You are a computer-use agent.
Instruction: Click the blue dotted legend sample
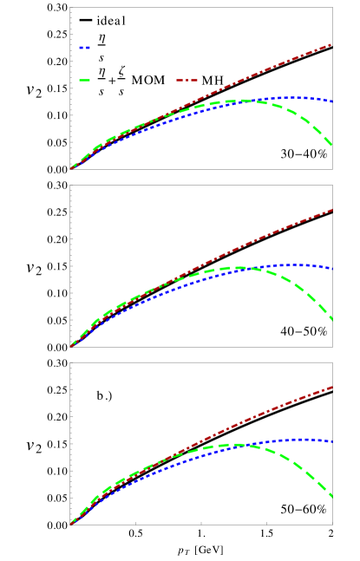pyautogui.click(x=84, y=48)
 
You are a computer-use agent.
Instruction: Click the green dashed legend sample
pyautogui.click(x=84, y=81)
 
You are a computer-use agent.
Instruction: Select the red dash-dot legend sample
pyautogui.click(x=187, y=81)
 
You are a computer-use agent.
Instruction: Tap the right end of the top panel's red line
pyautogui.click(x=332, y=43)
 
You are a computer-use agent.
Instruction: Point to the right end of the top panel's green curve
pyautogui.click(x=332, y=146)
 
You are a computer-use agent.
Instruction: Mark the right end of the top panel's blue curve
pyautogui.click(x=332, y=101)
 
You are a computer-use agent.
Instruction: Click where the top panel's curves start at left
pyautogui.click(x=71, y=167)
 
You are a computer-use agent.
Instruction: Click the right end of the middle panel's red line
pyautogui.click(x=332, y=210)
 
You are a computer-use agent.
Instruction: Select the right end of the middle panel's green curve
pyautogui.click(x=332, y=320)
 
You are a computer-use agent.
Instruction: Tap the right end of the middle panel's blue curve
pyautogui.click(x=332, y=269)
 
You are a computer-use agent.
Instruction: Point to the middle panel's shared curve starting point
pyautogui.click(x=71, y=345)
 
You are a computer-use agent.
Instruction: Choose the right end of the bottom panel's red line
pyautogui.click(x=332, y=387)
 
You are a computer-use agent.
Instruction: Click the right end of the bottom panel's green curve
pyautogui.click(x=332, y=497)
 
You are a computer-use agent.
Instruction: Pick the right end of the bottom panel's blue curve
pyautogui.click(x=332, y=442)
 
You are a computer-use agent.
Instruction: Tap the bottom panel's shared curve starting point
pyautogui.click(x=71, y=523)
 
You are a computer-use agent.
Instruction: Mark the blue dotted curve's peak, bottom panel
pyautogui.click(x=299, y=440)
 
